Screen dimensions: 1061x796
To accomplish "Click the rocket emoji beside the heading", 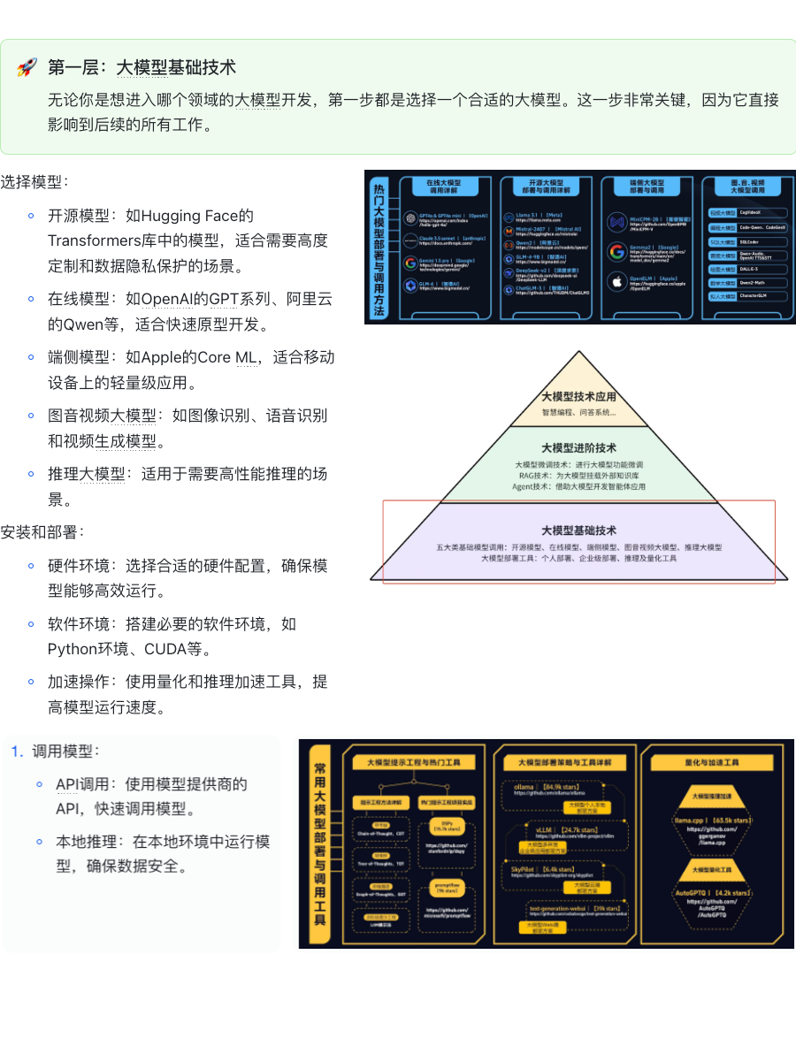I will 27,68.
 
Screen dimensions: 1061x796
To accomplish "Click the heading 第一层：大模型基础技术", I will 142,68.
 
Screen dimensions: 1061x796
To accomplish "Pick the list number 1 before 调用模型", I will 16,752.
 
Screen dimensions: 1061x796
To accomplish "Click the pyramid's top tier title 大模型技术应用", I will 578,397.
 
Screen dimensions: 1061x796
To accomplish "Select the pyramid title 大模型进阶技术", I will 578,448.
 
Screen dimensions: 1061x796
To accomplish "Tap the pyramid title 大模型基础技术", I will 578,530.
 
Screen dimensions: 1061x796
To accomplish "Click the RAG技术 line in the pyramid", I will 578,476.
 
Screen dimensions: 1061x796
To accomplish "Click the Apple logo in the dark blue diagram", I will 616,283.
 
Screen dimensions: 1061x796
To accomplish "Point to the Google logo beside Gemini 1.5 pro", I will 410,263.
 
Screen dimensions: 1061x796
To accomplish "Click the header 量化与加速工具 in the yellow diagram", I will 712,761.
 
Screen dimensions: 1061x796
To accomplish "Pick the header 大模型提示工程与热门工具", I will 414,761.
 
